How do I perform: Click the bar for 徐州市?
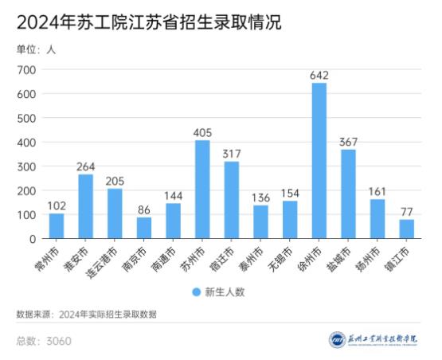point(319,160)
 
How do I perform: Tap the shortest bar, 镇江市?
point(406,229)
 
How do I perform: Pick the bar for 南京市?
point(144,228)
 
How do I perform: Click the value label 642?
point(319,75)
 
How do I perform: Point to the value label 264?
point(85,166)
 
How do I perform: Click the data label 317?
point(231,154)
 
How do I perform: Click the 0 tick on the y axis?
point(33,239)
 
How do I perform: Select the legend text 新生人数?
point(225,292)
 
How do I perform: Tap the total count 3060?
point(59,341)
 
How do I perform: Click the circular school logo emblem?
point(337,340)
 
